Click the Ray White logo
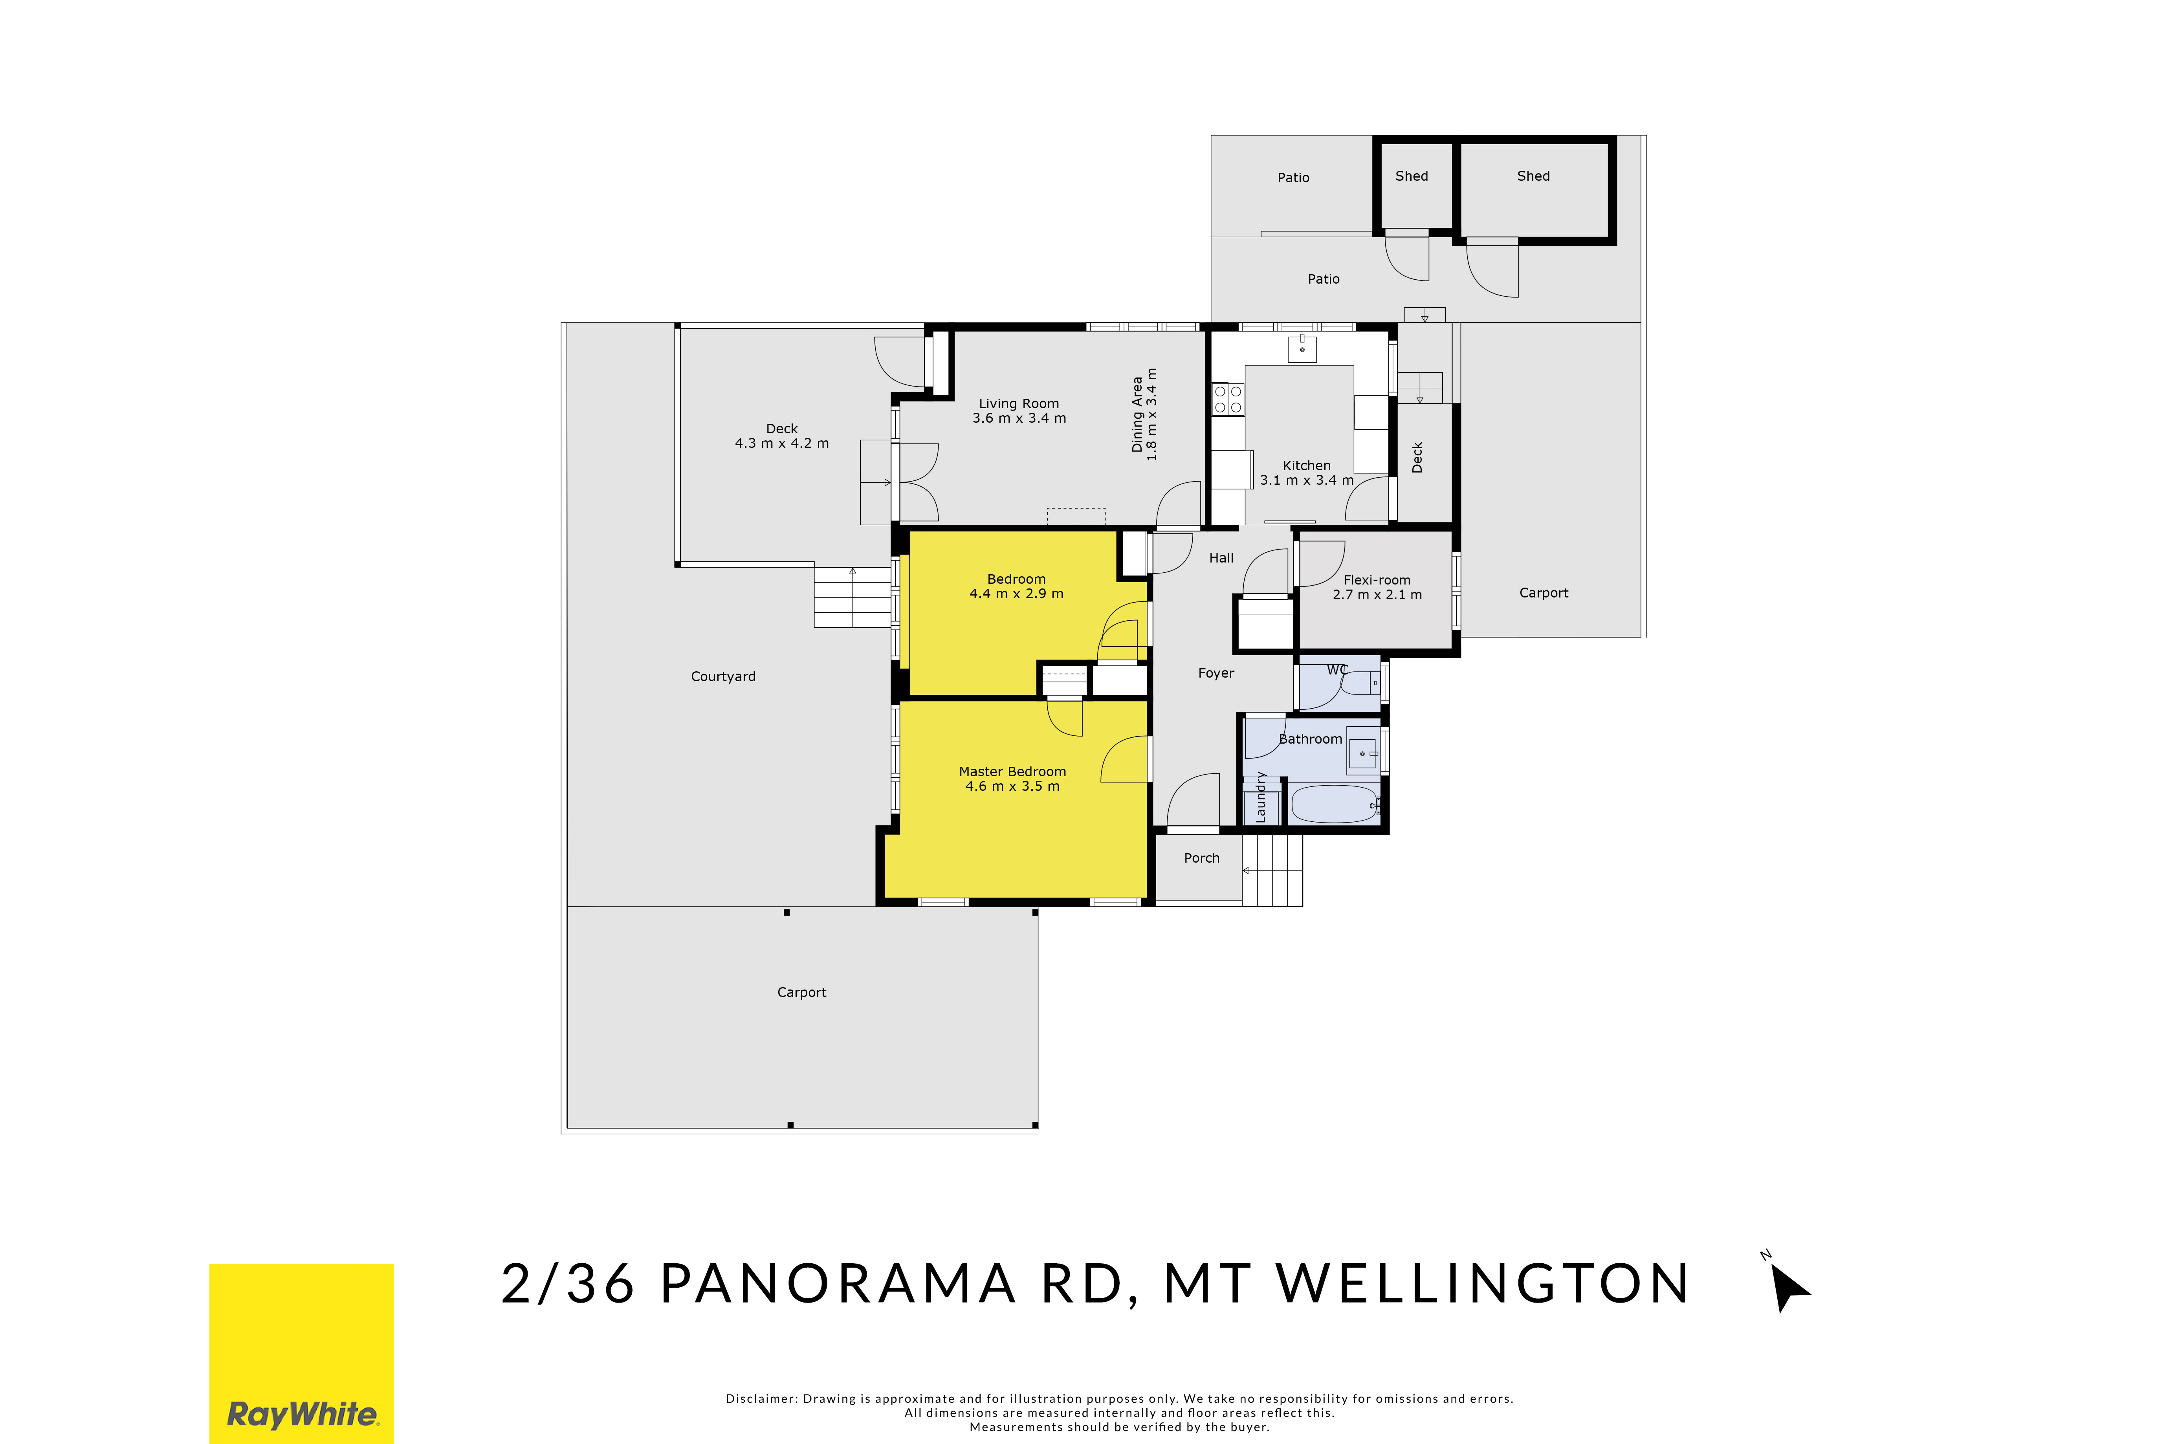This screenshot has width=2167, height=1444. click(301, 1353)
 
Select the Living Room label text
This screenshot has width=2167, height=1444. click(1019, 403)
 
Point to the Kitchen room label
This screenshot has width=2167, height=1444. click(1306, 466)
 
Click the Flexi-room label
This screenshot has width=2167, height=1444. click(1377, 580)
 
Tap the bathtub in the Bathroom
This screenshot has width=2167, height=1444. click(1335, 804)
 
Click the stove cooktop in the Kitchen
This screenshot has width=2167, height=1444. click(1228, 399)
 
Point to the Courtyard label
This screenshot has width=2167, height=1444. click(723, 677)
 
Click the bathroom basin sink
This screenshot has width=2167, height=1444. click(1362, 752)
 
